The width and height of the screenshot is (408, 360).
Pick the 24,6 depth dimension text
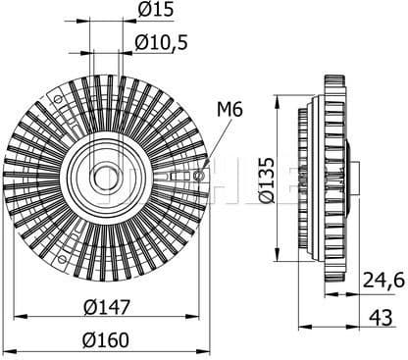[382, 282]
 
